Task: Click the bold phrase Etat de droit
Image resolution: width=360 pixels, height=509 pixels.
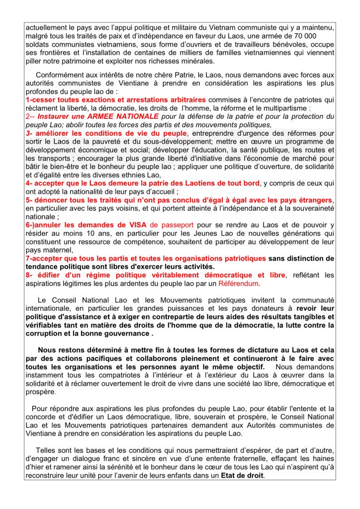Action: (x=243, y=475)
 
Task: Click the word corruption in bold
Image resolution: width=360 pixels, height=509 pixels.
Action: (x=46, y=334)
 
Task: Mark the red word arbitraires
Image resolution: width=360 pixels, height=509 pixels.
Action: (x=179, y=100)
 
